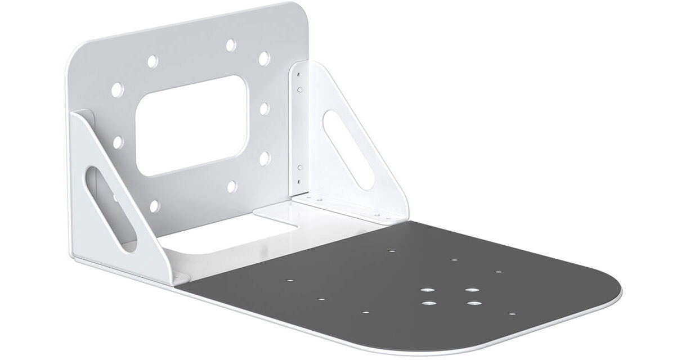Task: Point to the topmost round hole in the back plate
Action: click(230, 44)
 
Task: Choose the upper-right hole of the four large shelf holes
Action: click(471, 290)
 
